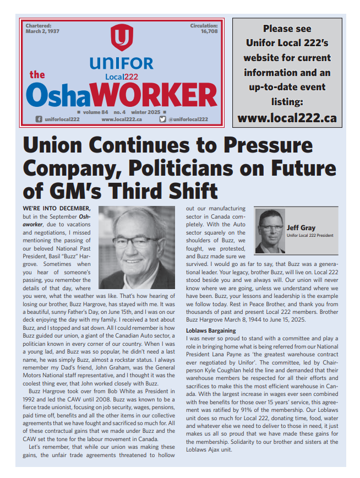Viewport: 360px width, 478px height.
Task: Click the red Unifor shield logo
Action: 121,38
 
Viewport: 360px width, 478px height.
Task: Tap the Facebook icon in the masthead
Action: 39,119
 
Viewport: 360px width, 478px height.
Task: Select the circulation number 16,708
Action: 209,32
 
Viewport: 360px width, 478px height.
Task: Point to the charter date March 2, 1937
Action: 43,32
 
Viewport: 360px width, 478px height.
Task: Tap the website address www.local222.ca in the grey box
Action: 287,117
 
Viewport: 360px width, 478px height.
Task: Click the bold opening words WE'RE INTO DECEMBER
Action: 57,208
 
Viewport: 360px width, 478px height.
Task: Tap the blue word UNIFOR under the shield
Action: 121,63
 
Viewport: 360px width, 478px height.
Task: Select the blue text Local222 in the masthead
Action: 122,76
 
